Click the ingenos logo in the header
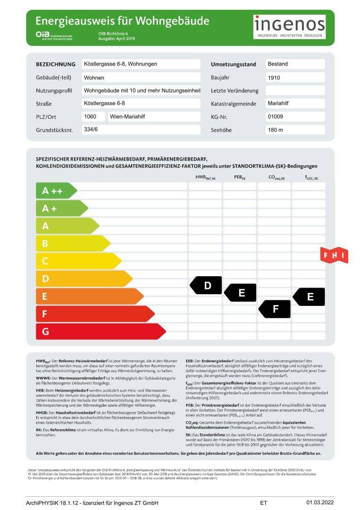(x=290, y=27)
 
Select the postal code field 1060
(x=93, y=117)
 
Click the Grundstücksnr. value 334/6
(x=141, y=129)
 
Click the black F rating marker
(x=275, y=309)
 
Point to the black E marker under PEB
(x=241, y=293)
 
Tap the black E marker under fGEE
(x=310, y=297)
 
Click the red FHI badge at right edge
(x=334, y=255)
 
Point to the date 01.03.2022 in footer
(x=320, y=502)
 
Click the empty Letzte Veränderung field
(x=295, y=90)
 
